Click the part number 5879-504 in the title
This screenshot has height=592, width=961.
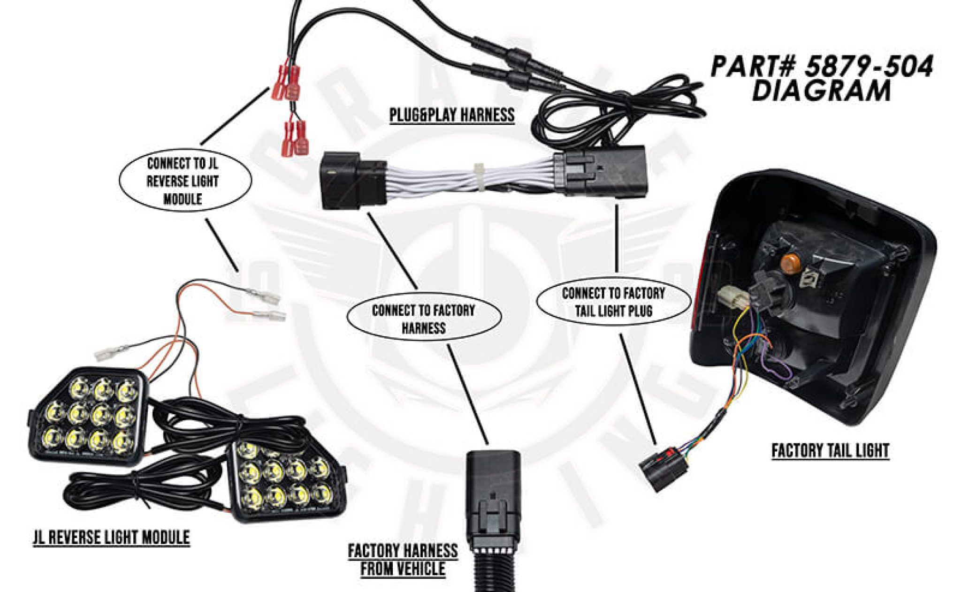pyautogui.click(x=868, y=67)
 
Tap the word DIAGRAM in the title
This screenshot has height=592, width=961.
pyautogui.click(x=821, y=91)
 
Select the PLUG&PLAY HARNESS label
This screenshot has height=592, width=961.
pyautogui.click(x=452, y=115)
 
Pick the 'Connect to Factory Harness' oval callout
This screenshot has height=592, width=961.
pyautogui.click(x=423, y=319)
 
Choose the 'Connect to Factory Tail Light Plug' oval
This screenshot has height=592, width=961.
pyautogui.click(x=613, y=302)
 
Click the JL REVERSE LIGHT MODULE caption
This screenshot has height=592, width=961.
pyautogui.click(x=111, y=537)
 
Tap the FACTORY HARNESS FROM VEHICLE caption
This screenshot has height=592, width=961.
pyautogui.click(x=403, y=559)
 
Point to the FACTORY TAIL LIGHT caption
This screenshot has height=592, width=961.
pyautogui.click(x=830, y=450)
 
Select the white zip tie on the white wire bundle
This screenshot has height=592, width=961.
pyautogui.click(x=480, y=177)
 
